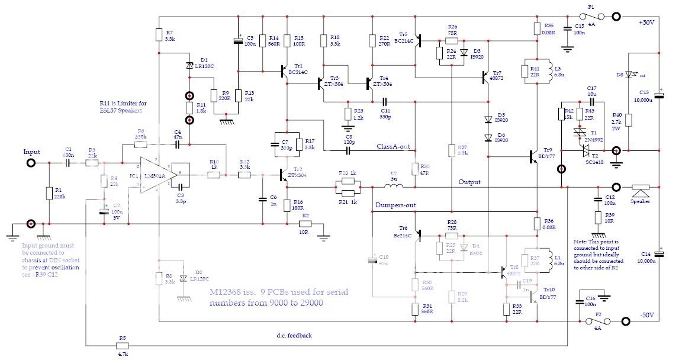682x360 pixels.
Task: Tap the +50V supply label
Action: point(646,22)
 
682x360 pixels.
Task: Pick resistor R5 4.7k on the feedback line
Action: point(123,345)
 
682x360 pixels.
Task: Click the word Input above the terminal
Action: point(31,152)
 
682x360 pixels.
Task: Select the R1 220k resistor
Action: point(49,194)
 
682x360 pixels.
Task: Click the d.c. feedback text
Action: point(294,336)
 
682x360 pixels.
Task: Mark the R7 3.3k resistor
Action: point(159,35)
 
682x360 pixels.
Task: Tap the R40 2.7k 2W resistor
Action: point(629,120)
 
